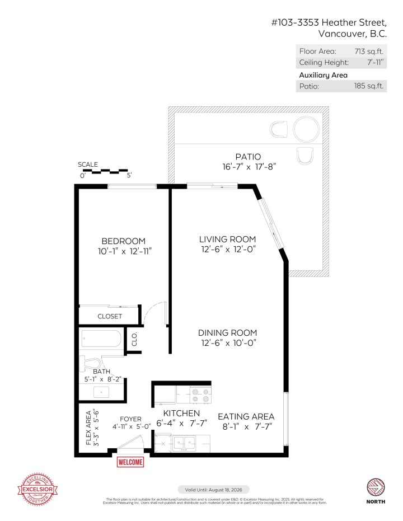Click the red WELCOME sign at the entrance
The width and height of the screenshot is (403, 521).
pyautogui.click(x=130, y=462)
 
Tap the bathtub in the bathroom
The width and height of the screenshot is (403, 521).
pyautogui.click(x=101, y=339)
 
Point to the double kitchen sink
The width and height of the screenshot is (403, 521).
pyautogui.click(x=183, y=443)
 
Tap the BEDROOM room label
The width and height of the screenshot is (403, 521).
pyautogui.click(x=123, y=241)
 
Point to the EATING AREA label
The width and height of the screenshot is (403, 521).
pyautogui.click(x=246, y=416)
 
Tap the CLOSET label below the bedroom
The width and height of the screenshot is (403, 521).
pyautogui.click(x=110, y=316)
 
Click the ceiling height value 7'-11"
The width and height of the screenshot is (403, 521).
pyautogui.click(x=373, y=62)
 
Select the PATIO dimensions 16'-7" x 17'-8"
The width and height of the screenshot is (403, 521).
pyautogui.click(x=249, y=166)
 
